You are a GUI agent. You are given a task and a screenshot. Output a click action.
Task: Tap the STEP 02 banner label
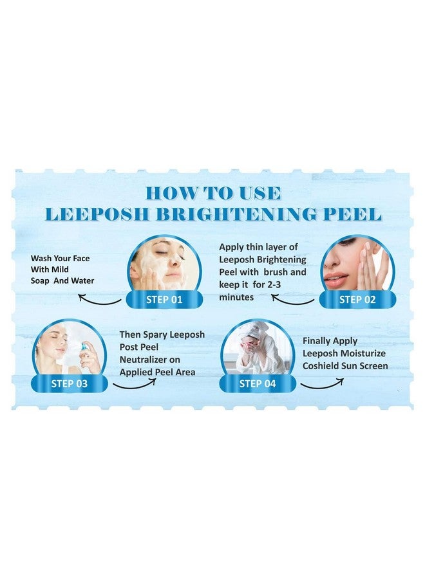[359, 299]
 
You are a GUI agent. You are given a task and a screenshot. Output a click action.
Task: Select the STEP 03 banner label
[69, 384]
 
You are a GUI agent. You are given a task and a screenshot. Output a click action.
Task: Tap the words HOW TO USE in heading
[212, 192]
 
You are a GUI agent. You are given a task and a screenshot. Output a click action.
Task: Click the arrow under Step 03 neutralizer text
[135, 383]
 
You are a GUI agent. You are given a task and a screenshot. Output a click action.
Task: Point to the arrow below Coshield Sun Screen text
[322, 383]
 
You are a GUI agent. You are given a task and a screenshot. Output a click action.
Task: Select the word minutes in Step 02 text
[236, 297]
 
